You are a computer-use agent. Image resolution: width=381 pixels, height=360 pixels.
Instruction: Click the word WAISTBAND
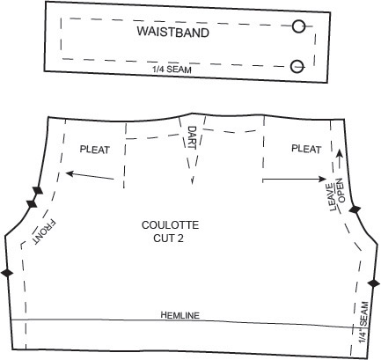(173, 32)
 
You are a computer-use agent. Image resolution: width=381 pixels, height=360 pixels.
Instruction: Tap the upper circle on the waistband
(298, 26)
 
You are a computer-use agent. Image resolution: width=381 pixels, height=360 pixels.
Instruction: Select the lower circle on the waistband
(297, 66)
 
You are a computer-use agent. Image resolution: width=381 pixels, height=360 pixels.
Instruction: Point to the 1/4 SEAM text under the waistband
(172, 70)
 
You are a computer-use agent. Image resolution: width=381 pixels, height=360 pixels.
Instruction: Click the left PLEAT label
(95, 150)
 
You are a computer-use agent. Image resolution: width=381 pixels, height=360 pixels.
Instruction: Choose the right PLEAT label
(306, 149)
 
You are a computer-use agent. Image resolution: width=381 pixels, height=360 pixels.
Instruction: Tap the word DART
(192, 137)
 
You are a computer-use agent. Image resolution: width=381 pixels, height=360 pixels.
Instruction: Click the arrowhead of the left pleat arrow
(70, 173)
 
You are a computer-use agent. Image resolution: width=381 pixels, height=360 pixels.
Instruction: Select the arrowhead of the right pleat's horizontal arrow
(323, 179)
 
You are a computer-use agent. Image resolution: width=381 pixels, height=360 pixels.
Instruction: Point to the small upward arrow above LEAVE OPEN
(339, 158)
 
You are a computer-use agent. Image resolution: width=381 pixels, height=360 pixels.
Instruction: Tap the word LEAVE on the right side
(333, 197)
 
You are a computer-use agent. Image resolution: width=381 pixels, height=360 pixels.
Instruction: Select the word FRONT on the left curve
(44, 232)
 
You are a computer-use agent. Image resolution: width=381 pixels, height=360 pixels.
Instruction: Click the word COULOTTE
(170, 225)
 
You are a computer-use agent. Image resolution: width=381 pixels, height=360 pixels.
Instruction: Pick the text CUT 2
(168, 238)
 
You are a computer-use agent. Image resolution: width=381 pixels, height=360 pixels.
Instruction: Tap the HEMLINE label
(180, 315)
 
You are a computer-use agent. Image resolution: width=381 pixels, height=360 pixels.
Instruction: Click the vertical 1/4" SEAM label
(363, 322)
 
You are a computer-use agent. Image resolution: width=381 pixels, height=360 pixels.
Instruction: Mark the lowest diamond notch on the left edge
(7, 273)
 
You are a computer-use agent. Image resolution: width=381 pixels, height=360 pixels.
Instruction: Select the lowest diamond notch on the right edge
(374, 283)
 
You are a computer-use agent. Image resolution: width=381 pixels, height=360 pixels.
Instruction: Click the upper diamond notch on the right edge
(355, 209)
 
